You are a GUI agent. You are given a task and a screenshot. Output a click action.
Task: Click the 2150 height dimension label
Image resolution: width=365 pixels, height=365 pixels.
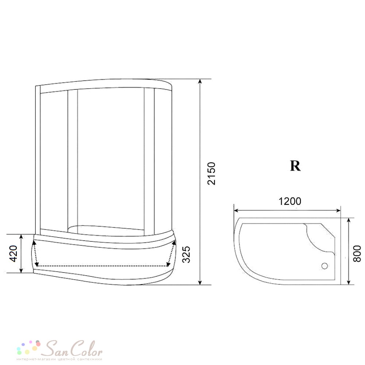pos(211,173)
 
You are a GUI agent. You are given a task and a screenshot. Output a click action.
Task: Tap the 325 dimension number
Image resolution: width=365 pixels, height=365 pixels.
pos(186,254)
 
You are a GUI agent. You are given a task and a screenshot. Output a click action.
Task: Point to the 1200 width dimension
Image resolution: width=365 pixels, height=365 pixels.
pos(290,201)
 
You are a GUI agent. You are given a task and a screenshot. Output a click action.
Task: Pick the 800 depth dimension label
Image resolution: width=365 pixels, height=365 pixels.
pos(357,254)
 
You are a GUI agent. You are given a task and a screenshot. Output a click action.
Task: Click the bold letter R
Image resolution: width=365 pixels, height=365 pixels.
pos(295,166)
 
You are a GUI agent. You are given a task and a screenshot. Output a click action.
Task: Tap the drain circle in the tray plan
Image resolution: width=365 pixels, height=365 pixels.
pos(325,266)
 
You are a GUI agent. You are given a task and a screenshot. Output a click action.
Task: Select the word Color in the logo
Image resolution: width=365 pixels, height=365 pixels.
pos(86,348)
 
